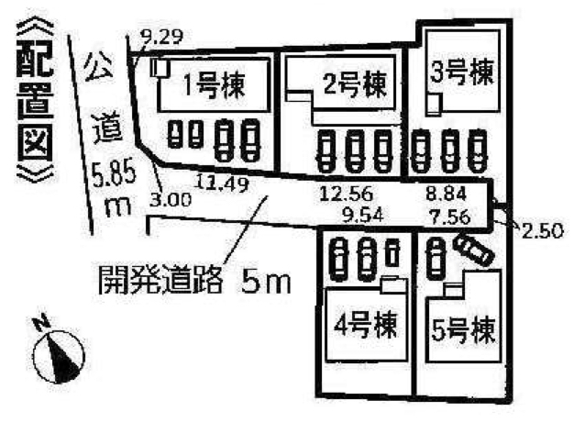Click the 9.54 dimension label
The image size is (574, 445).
tap(359, 217)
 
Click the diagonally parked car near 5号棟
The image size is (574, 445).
tap(471, 249)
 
